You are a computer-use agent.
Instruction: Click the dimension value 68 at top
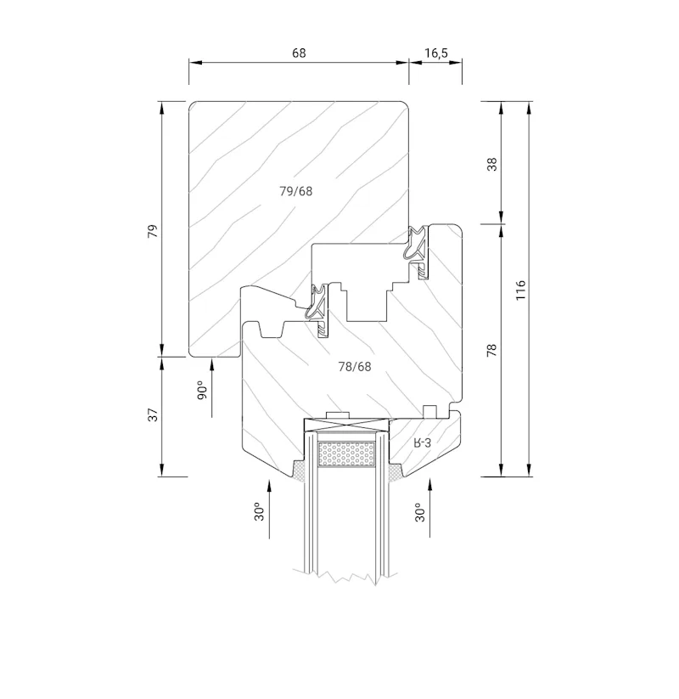299,53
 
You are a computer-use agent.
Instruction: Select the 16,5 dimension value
436,53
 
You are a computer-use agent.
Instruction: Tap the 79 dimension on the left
153,231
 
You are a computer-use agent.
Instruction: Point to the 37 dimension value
153,414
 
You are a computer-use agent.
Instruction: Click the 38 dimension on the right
492,164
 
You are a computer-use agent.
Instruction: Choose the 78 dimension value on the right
492,350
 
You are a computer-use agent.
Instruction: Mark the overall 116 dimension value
520,290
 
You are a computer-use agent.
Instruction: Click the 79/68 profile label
296,191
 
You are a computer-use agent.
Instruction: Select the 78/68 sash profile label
355,366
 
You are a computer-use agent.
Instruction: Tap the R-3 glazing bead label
423,443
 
